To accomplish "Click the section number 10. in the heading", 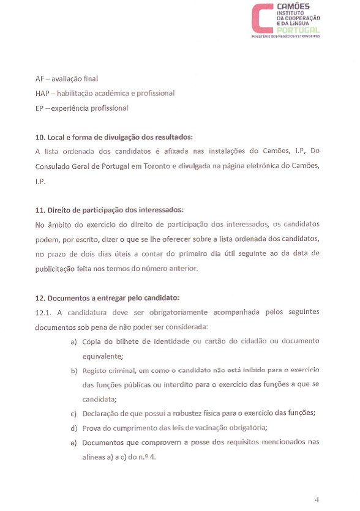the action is click(x=40, y=136).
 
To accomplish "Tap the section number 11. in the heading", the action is click(x=40, y=210).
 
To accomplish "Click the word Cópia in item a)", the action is click(x=92, y=341).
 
